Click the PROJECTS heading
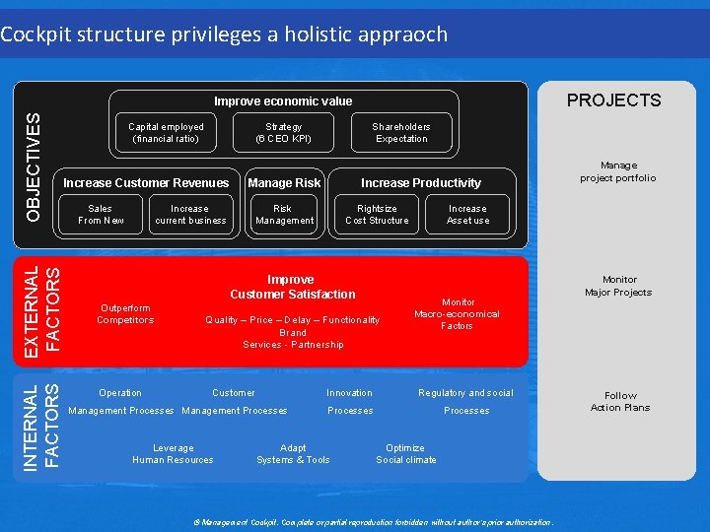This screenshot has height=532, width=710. tap(613, 100)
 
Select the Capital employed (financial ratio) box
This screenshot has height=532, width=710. tap(166, 133)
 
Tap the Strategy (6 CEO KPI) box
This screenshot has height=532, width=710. tap(283, 133)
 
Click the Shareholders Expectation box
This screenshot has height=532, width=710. tap(400, 133)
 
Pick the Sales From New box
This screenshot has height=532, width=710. tap(101, 215)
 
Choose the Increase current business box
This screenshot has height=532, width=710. tap(189, 215)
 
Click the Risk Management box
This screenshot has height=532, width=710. tap(283, 215)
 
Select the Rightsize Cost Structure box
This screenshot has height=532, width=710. tap(377, 215)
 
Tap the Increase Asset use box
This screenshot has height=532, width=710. tap(467, 215)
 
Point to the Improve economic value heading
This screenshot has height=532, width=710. tap(283, 101)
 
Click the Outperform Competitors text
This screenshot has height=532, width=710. tap(125, 314)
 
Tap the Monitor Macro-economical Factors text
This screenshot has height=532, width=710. tap(458, 314)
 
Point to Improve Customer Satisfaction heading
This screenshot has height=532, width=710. tap(292, 287)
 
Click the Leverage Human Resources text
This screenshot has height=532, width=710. tap(173, 454)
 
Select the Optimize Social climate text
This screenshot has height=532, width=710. tap(405, 454)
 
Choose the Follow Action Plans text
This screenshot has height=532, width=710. tap(620, 402)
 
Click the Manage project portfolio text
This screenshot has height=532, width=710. tap(618, 172)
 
